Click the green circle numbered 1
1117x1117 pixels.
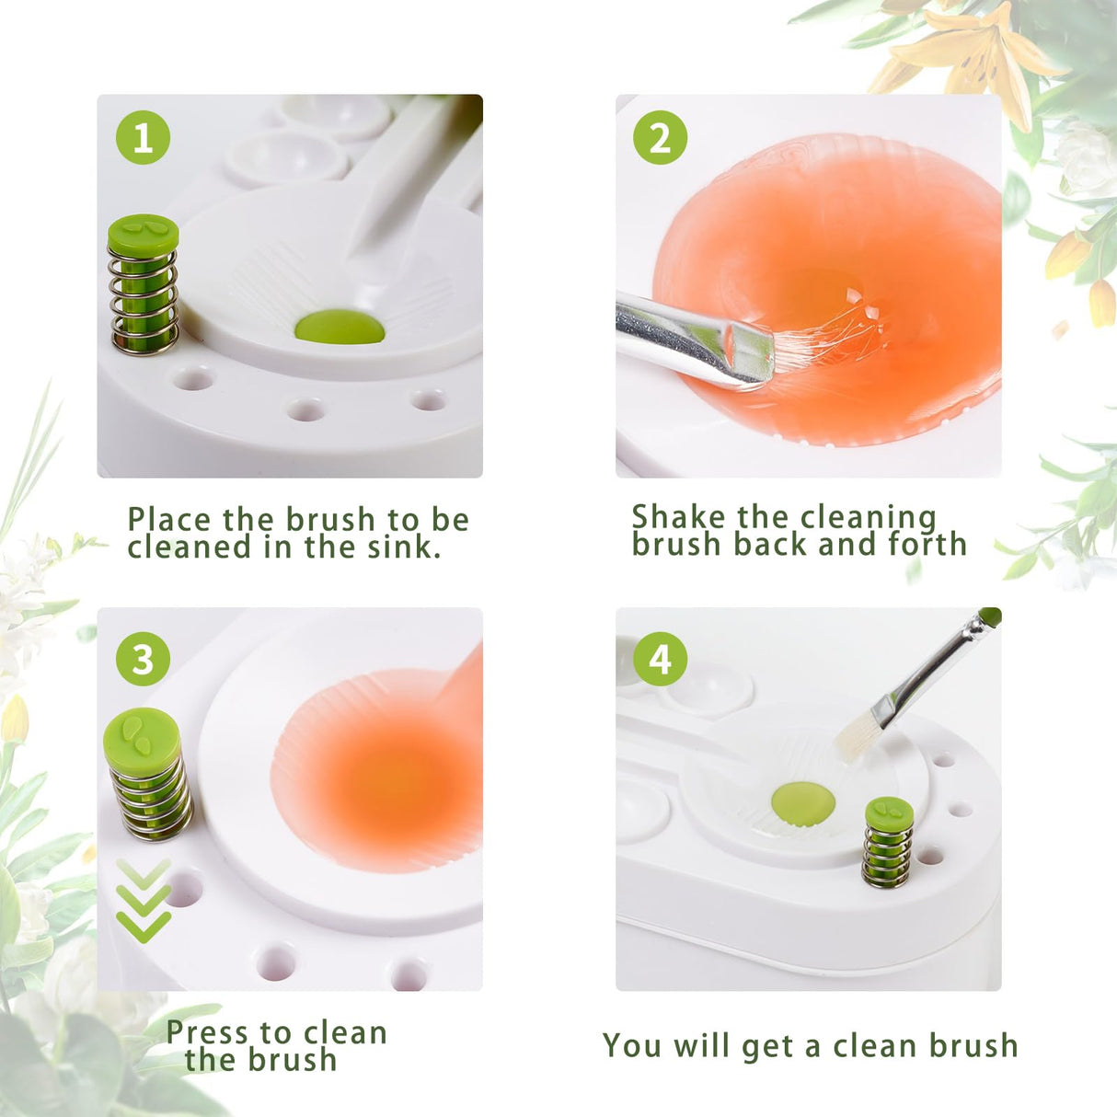pyautogui.click(x=143, y=138)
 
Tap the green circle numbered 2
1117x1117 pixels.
pyautogui.click(x=660, y=138)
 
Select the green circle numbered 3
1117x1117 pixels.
pyautogui.click(x=143, y=659)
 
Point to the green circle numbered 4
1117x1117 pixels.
pyautogui.click(x=660, y=659)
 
